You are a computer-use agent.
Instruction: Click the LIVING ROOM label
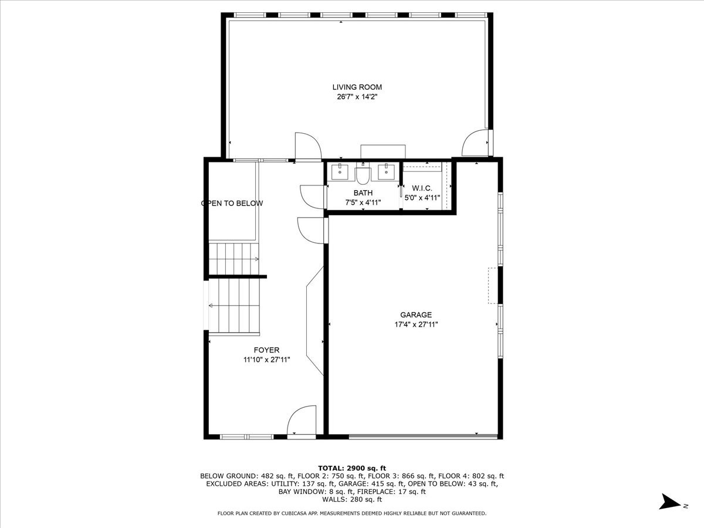[357, 87]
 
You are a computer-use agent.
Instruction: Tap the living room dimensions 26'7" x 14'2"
[357, 97]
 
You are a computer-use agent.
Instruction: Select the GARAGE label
[416, 315]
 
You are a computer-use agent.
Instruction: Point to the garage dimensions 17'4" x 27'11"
[416, 324]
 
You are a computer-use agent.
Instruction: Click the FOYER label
[266, 350]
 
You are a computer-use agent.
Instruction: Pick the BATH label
[363, 193]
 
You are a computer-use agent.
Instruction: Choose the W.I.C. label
[422, 188]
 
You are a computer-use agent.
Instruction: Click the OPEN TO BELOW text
[232, 203]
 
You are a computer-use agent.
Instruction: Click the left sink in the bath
[340, 171]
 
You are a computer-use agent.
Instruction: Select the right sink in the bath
[386, 171]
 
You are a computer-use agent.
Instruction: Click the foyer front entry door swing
[301, 420]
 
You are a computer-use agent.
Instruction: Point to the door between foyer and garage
[310, 231]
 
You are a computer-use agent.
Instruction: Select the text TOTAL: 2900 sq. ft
[352, 468]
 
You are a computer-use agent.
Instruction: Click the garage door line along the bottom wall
[423, 436]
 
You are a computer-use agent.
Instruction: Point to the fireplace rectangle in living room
[383, 151]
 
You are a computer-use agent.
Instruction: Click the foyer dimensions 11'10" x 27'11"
[266, 360]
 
